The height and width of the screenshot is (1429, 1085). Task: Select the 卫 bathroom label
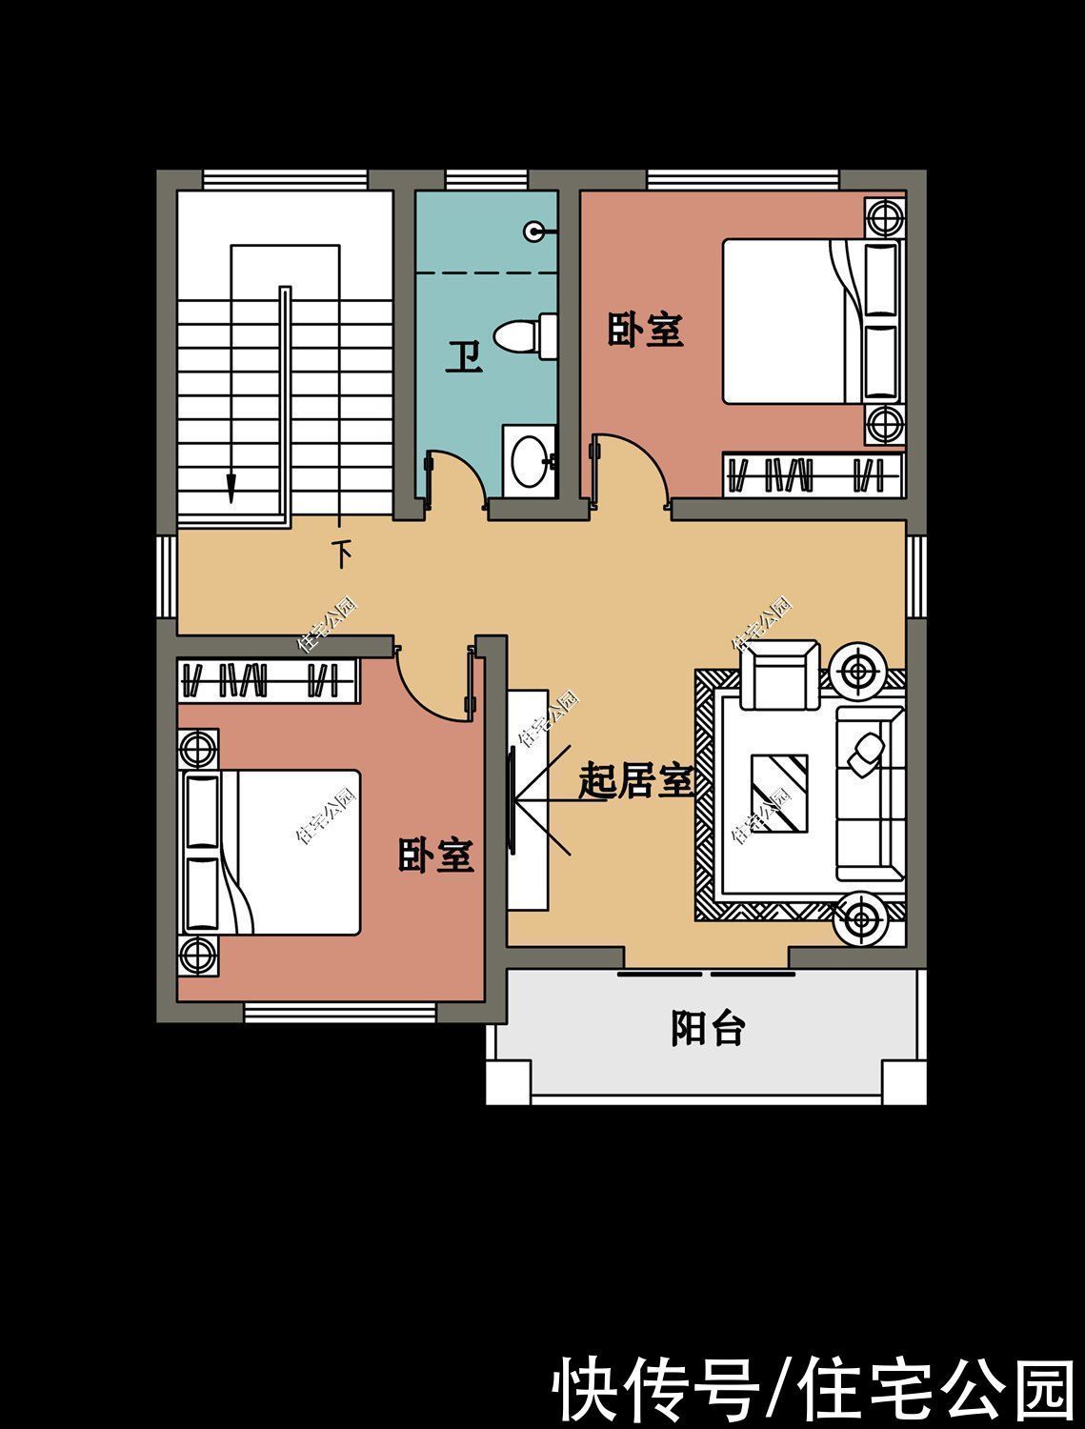(464, 356)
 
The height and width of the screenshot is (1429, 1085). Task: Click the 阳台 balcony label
(708, 1029)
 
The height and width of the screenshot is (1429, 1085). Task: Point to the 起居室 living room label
(636, 780)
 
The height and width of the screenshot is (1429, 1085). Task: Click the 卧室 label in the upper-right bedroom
(645, 330)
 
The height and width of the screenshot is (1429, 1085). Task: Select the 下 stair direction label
(342, 554)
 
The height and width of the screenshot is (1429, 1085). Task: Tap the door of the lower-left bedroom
(434, 684)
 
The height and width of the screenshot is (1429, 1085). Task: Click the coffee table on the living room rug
(779, 794)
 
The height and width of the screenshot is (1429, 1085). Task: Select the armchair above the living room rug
(780, 674)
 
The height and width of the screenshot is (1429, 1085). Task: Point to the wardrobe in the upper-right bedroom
(813, 474)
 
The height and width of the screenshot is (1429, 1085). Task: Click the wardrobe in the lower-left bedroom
(268, 680)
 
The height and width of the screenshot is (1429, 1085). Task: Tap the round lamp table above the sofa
(860, 670)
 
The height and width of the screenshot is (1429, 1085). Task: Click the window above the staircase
(285, 180)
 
